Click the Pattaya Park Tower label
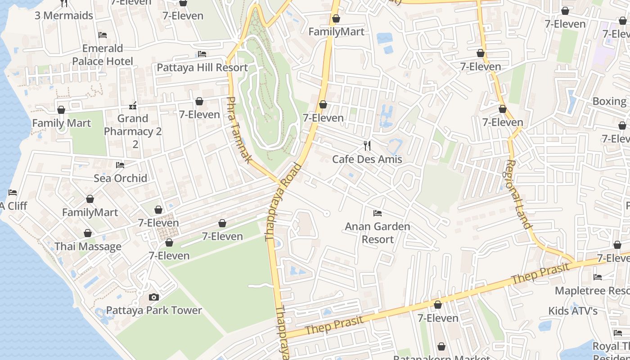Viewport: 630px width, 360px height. [x=154, y=310]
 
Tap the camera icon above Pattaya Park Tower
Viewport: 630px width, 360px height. [x=154, y=297]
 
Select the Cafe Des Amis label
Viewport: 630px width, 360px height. [x=367, y=159]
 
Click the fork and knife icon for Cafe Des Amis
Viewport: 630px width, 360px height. [x=367, y=145]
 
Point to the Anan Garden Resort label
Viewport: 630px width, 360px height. [x=378, y=233]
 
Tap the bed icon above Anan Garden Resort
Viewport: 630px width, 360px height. [x=378, y=213]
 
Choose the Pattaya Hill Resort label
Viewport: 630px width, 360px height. [x=202, y=67]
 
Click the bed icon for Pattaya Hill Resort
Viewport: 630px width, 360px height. [x=202, y=54]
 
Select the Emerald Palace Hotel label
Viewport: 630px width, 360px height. [x=103, y=55]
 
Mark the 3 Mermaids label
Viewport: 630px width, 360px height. [x=64, y=15]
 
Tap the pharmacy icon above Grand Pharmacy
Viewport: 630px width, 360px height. [x=133, y=106]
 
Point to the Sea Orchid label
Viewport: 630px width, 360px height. [x=120, y=178]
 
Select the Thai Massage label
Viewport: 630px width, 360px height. [x=88, y=247]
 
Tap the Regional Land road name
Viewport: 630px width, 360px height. [x=519, y=194]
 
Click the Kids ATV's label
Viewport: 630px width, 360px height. [x=573, y=311]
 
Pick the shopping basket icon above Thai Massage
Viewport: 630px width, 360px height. [x=88, y=233]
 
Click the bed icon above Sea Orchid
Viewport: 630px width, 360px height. [x=120, y=165]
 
